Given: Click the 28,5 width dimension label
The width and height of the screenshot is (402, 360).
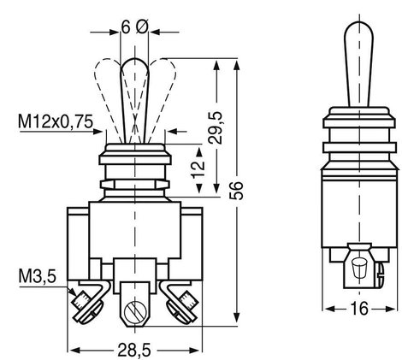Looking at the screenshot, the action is click(134, 350).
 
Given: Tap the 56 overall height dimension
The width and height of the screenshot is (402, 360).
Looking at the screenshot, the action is click(236, 190).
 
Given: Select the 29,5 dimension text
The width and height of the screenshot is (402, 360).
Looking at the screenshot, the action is click(215, 127).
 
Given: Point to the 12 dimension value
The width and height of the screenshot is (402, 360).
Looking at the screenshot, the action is click(198, 169).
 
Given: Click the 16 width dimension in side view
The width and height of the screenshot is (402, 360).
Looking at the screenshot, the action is click(359, 309).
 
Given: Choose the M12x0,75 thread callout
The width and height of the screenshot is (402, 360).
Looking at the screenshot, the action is click(56, 121).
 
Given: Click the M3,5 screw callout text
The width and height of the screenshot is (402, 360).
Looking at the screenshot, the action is click(38, 276).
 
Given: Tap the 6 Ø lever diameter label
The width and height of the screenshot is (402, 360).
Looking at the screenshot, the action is click(135, 27).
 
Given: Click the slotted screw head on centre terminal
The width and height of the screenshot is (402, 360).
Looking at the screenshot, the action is click(136, 310).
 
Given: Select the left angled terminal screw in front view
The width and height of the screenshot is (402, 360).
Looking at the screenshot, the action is click(86, 307).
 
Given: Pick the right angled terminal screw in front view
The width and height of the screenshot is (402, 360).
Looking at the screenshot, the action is click(182, 307).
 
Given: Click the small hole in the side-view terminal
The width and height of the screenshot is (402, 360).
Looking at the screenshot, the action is click(359, 268).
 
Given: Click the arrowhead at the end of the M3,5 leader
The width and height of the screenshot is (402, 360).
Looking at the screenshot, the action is click(73, 292).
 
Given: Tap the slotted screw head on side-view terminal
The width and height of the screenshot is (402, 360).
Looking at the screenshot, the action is click(380, 274).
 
